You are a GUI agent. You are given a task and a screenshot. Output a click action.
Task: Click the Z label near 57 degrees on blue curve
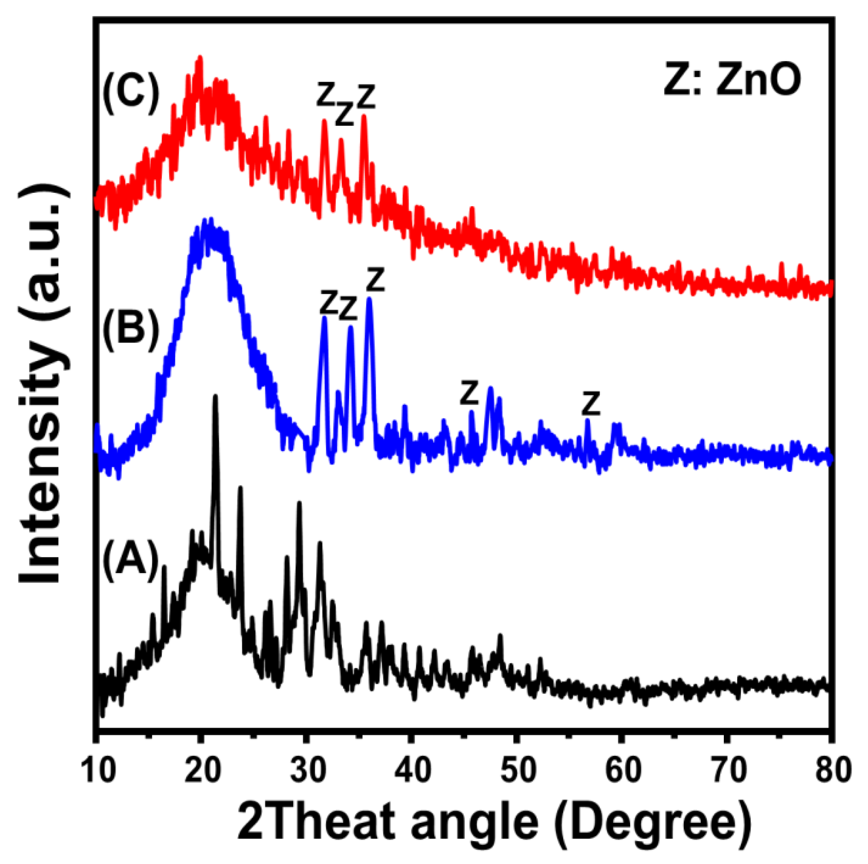(590, 404)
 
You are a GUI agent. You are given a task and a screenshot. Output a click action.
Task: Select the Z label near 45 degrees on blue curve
(469, 393)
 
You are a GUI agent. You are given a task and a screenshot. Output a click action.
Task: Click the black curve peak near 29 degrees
(299, 504)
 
